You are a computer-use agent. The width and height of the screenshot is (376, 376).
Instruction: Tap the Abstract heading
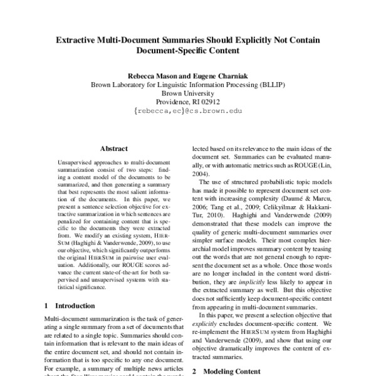[114, 149]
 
